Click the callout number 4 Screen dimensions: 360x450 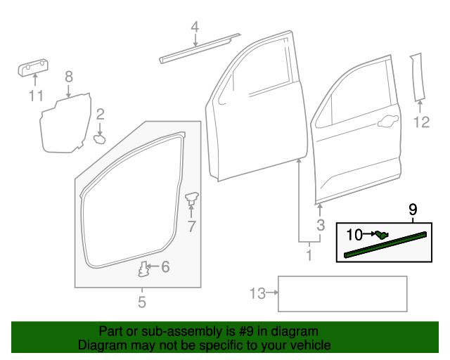click(x=195, y=27)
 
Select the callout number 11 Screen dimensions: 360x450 click(x=36, y=96)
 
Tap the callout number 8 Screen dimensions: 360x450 click(x=69, y=77)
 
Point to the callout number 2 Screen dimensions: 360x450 click(x=101, y=113)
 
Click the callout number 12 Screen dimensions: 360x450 click(x=420, y=123)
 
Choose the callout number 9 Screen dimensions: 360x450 click(x=413, y=209)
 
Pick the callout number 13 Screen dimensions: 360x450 click(x=257, y=293)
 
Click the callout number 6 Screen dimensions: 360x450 click(x=165, y=266)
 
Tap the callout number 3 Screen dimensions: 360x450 click(x=320, y=225)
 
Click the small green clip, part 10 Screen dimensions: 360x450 click(x=380, y=235)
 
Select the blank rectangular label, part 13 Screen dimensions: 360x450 click(x=343, y=293)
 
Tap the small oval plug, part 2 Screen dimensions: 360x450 click(x=100, y=139)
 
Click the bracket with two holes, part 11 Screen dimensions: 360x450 click(x=32, y=67)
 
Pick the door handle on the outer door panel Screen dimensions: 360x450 click(x=386, y=124)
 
